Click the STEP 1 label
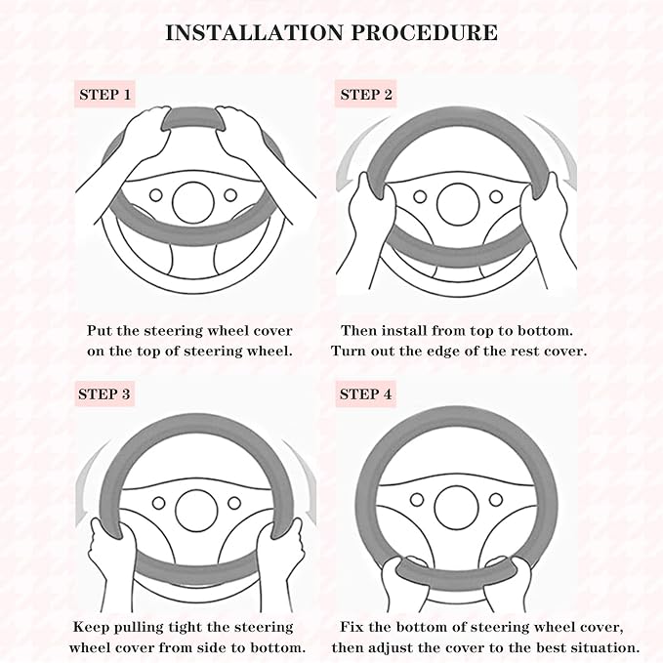click(x=104, y=95)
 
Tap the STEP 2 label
click(x=366, y=95)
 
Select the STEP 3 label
click(x=104, y=394)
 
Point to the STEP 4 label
click(x=366, y=394)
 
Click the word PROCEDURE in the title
click(x=425, y=32)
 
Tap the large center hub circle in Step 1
click(x=193, y=202)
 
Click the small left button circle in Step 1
click(x=156, y=195)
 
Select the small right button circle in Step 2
click(x=496, y=196)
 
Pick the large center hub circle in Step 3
click(x=196, y=511)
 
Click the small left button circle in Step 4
click(x=417, y=499)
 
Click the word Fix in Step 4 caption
click(x=352, y=626)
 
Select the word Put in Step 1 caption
click(x=100, y=330)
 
